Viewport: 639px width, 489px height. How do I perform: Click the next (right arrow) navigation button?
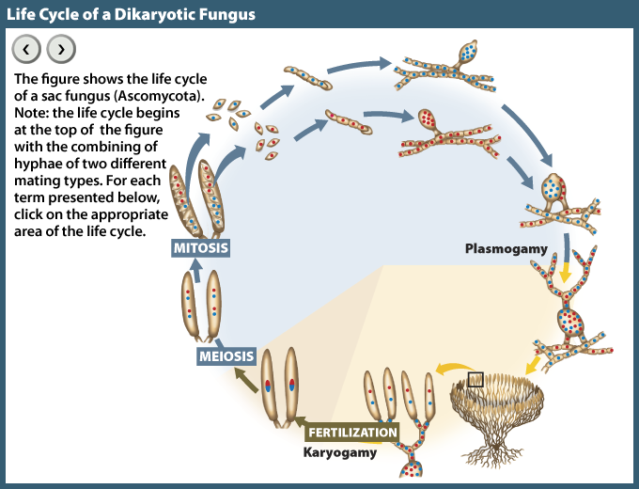pyautogui.click(x=60, y=49)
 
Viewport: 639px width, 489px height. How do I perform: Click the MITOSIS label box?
pyautogui.click(x=200, y=248)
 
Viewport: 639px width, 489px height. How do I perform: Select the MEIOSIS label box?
pyautogui.click(x=226, y=356)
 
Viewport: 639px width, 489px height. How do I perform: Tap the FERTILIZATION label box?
pyautogui.click(x=352, y=434)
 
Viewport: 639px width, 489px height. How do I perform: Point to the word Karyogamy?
pyautogui.click(x=339, y=453)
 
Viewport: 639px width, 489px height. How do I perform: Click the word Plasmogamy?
pyautogui.click(x=506, y=249)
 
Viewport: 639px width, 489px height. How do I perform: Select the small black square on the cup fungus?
pyautogui.click(x=475, y=379)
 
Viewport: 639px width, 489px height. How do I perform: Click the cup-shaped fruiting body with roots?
pyautogui.click(x=497, y=414)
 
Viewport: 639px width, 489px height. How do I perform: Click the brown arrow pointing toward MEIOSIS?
pyautogui.click(x=246, y=380)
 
